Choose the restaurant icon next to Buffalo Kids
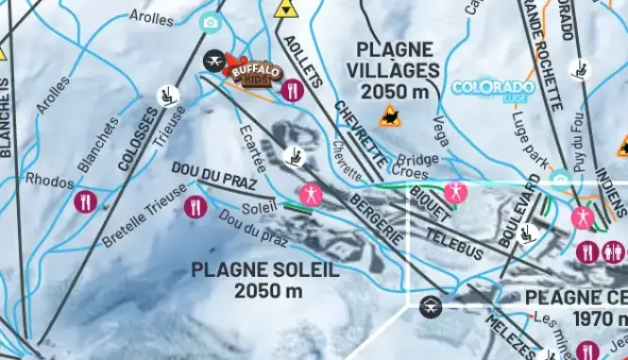[x=292, y=91]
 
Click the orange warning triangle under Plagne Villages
[x=388, y=117]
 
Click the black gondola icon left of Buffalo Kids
[x=214, y=62]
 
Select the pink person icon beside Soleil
[x=310, y=196]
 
